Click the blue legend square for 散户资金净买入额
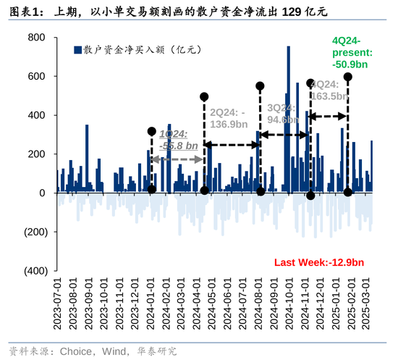point(77,50)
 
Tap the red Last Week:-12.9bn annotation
point(318,261)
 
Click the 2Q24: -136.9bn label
point(234,118)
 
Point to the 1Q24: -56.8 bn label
point(178,140)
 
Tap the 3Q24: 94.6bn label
point(283,114)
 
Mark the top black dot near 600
point(348,77)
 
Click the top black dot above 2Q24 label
point(204,96)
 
